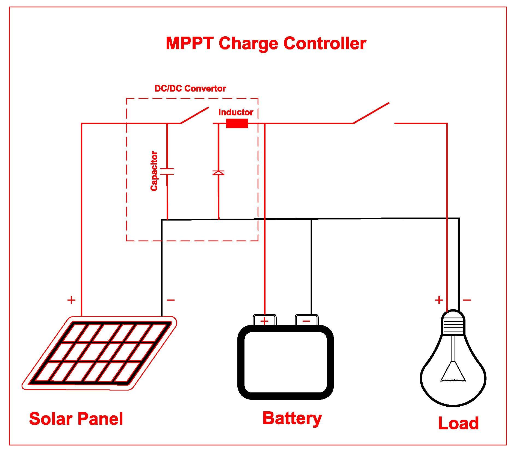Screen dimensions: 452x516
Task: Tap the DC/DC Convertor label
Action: coord(190,89)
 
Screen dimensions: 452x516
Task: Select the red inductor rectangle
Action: coord(237,123)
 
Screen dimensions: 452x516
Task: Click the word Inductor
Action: coord(236,112)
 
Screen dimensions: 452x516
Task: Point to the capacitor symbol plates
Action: coord(167,171)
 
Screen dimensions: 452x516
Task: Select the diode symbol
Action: coord(218,173)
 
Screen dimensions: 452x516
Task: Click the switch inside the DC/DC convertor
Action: coord(194,115)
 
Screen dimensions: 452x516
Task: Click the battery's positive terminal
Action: coord(264,321)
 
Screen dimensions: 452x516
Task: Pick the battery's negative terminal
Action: coord(306,321)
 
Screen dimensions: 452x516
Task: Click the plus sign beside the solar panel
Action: coord(71,300)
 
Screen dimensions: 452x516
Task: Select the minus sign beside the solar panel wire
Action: coord(171,300)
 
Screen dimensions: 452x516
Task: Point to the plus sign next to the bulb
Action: coord(439,300)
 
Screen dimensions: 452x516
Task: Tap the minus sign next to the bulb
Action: coord(467,300)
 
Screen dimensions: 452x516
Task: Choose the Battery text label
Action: coord(292,418)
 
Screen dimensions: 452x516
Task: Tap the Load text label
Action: coord(458,423)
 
